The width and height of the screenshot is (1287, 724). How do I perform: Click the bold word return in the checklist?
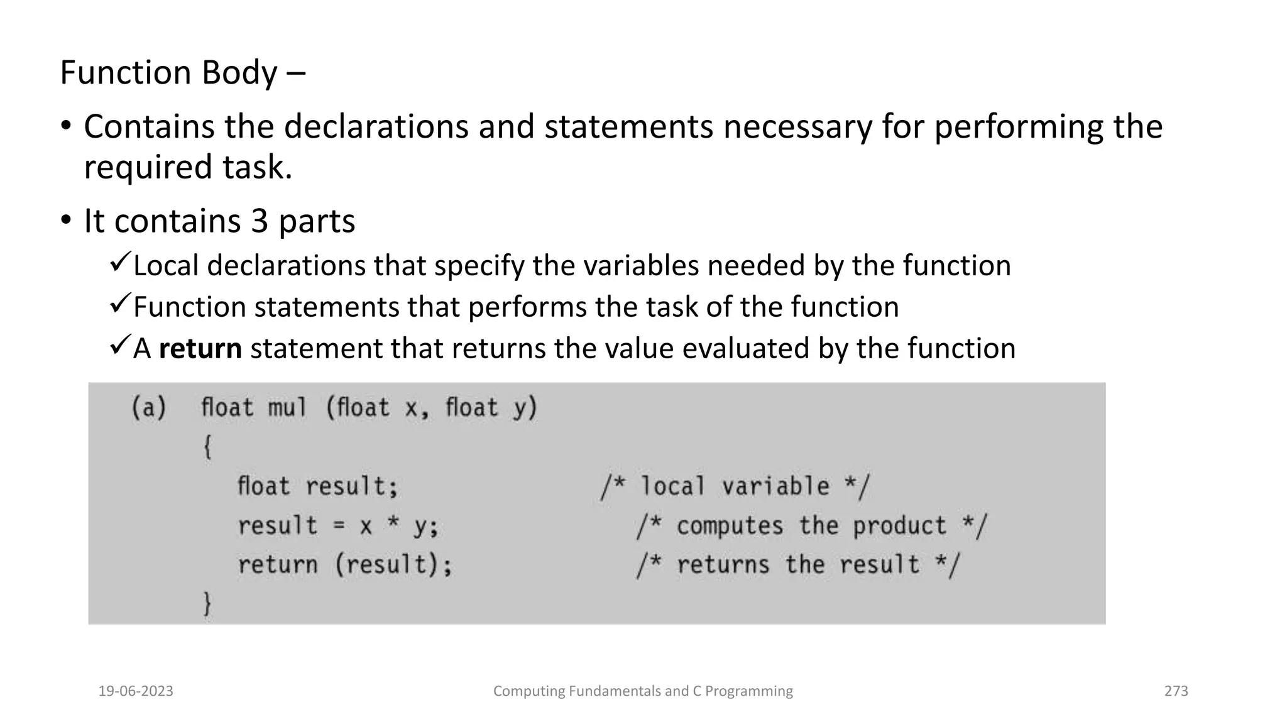click(x=200, y=349)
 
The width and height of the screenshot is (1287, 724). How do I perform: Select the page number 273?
click(x=1176, y=691)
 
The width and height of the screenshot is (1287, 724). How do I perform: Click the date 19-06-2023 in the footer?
click(x=136, y=691)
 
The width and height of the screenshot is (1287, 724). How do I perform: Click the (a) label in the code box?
click(x=149, y=408)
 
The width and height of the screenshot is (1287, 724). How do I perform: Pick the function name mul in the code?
click(x=287, y=408)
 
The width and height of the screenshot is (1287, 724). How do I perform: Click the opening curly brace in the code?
click(x=207, y=447)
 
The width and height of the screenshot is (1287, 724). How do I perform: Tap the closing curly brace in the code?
click(x=207, y=604)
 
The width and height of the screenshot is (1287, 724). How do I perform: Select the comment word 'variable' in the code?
click(x=775, y=486)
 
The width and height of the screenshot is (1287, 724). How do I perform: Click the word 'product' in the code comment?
click(x=899, y=526)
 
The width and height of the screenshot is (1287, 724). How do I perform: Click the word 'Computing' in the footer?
click(x=529, y=691)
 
